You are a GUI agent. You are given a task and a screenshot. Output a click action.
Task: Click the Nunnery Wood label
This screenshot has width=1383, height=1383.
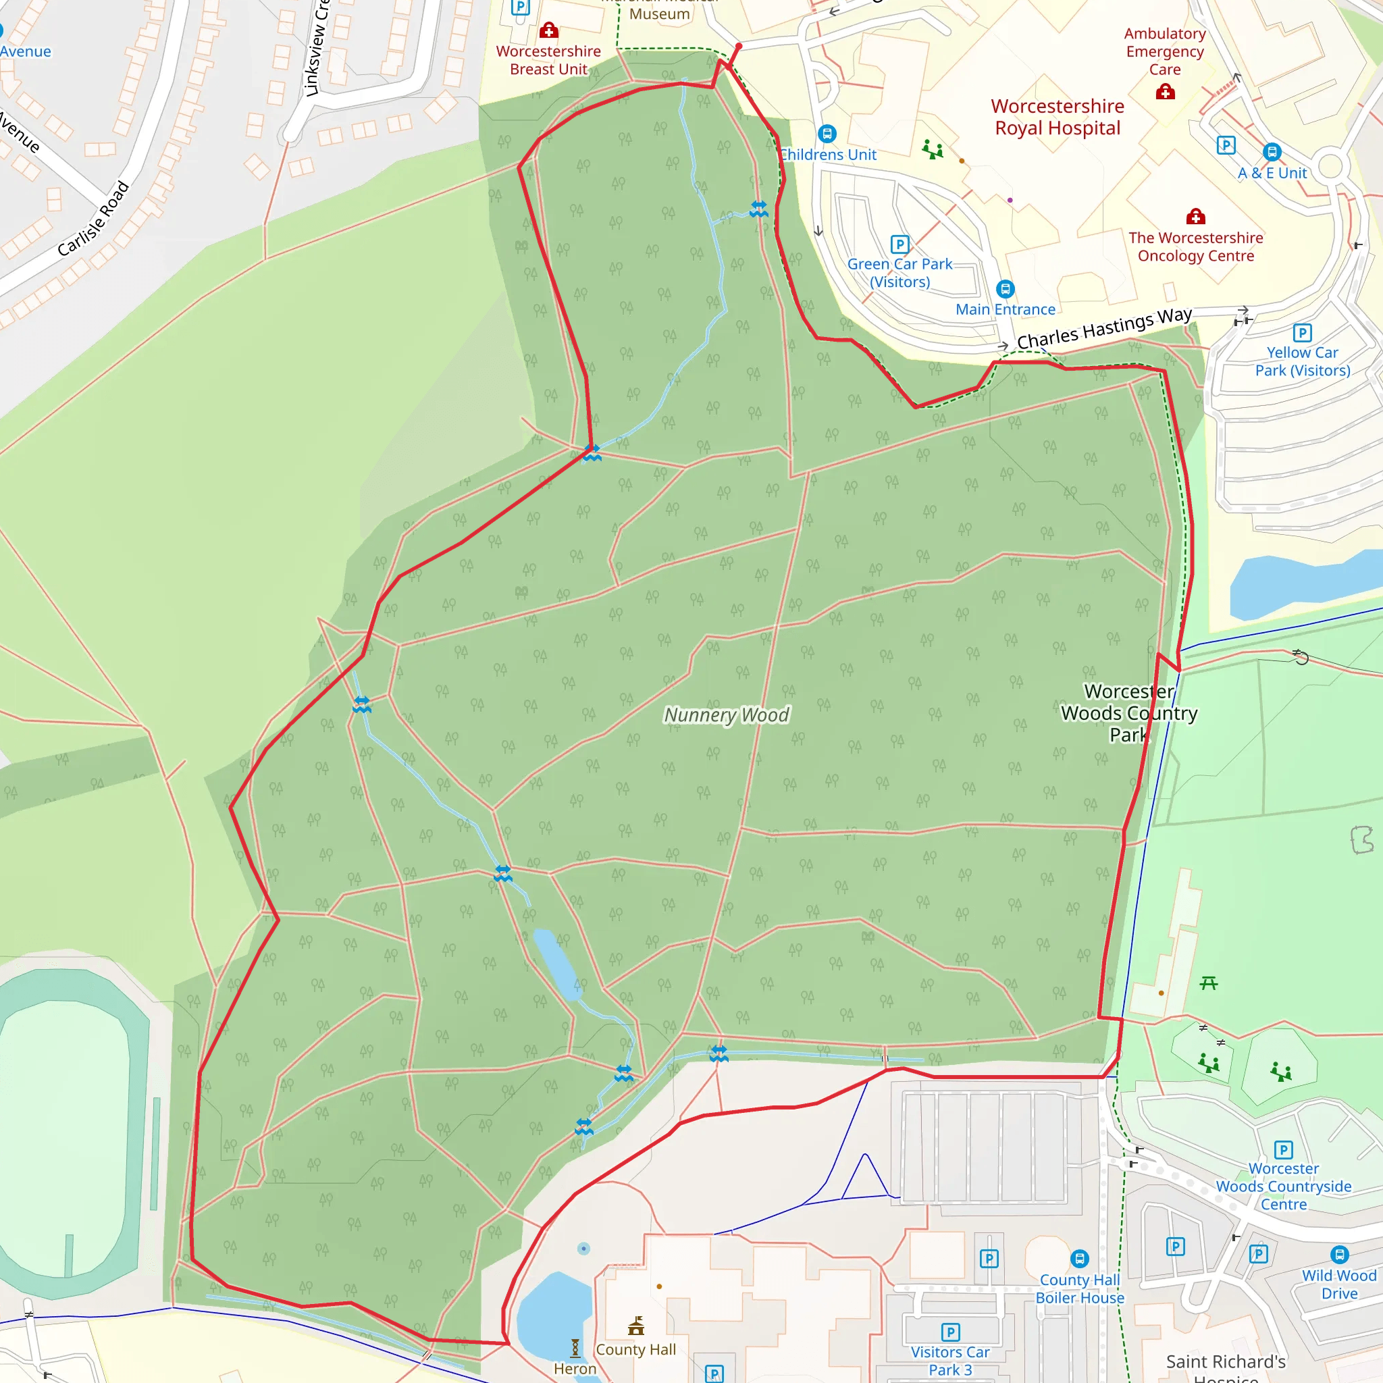(x=727, y=715)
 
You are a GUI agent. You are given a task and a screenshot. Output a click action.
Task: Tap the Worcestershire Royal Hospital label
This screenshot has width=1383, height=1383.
(x=1058, y=118)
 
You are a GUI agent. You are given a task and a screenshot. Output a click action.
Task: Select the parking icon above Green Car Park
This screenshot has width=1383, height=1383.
(x=899, y=244)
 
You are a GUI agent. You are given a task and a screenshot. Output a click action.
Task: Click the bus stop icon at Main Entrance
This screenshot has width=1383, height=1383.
(x=1005, y=289)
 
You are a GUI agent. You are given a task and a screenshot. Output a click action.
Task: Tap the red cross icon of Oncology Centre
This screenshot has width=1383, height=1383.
(x=1195, y=216)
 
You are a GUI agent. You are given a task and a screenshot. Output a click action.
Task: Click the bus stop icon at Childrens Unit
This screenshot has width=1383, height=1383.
(x=827, y=134)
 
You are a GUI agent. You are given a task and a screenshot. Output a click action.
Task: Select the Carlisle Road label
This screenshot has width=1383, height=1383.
(x=94, y=219)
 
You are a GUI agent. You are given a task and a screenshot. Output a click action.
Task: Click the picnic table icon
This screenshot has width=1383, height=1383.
(x=1208, y=983)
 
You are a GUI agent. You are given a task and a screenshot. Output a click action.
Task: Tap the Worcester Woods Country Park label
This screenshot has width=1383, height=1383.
(x=1129, y=713)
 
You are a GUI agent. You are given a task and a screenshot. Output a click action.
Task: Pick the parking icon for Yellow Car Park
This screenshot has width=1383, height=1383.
(x=1302, y=333)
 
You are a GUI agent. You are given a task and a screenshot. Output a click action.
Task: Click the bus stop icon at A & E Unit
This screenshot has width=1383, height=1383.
(x=1272, y=152)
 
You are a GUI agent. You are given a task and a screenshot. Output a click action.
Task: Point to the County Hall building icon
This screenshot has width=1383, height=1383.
(x=635, y=1326)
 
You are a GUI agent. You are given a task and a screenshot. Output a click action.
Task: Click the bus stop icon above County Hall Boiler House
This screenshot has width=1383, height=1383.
(x=1080, y=1259)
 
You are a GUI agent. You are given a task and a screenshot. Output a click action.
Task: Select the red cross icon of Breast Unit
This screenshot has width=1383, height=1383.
(x=549, y=30)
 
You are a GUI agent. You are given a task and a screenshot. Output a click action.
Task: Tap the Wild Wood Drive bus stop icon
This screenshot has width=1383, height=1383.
(x=1339, y=1255)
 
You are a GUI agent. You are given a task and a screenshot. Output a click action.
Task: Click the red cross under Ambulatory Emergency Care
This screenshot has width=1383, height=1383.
(x=1166, y=92)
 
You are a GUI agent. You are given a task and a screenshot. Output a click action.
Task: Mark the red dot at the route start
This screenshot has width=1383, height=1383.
(x=739, y=46)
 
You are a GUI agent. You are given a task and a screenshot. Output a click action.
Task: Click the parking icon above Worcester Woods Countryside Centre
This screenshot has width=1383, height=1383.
(x=1284, y=1150)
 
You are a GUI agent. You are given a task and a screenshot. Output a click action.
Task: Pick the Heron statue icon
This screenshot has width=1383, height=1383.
(x=575, y=1349)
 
